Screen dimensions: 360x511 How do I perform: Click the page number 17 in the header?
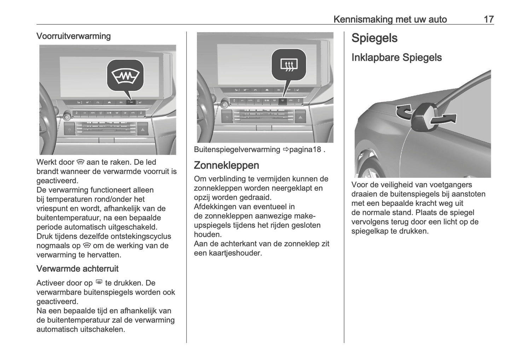488,19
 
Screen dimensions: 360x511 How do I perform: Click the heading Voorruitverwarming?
74,36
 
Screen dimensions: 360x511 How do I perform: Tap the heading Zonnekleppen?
226,165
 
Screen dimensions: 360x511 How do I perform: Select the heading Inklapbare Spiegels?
396,57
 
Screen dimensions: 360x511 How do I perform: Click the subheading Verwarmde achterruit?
77,268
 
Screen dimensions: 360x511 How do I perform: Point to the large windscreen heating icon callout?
126,75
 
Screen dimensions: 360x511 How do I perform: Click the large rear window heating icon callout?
289,64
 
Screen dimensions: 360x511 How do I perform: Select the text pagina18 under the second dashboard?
305,150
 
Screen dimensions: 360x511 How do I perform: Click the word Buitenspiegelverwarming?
237,150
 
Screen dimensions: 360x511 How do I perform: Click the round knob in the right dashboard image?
224,104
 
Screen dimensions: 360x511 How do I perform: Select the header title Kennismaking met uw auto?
390,19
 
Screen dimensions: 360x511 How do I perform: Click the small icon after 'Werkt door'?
80,162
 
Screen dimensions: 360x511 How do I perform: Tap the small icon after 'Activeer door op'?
99,283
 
